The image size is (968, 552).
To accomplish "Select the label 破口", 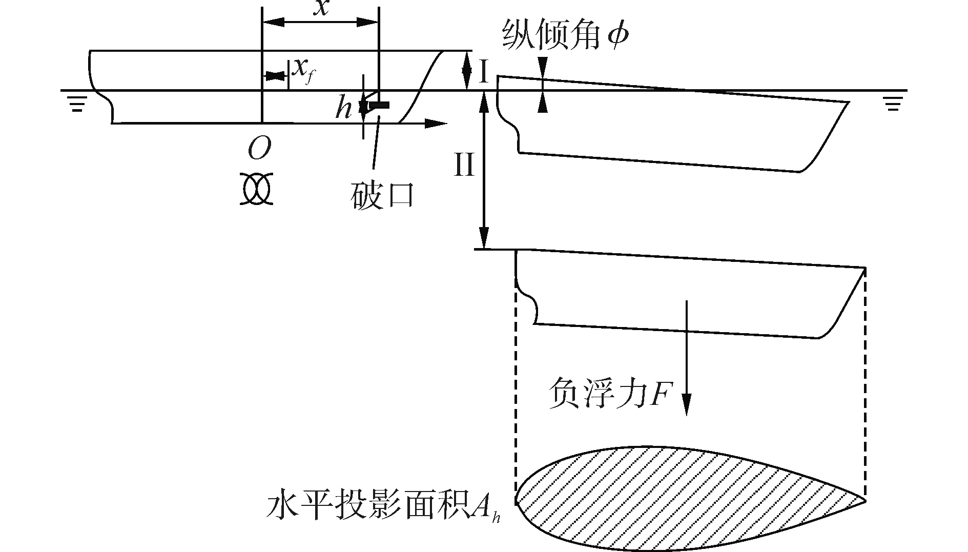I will [x=382, y=195].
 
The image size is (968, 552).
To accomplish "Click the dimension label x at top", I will [x=321, y=8].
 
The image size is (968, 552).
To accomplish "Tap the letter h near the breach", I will [x=343, y=108].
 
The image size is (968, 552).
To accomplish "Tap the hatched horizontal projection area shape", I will [x=666, y=497].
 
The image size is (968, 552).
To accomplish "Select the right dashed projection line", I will [x=866, y=384].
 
